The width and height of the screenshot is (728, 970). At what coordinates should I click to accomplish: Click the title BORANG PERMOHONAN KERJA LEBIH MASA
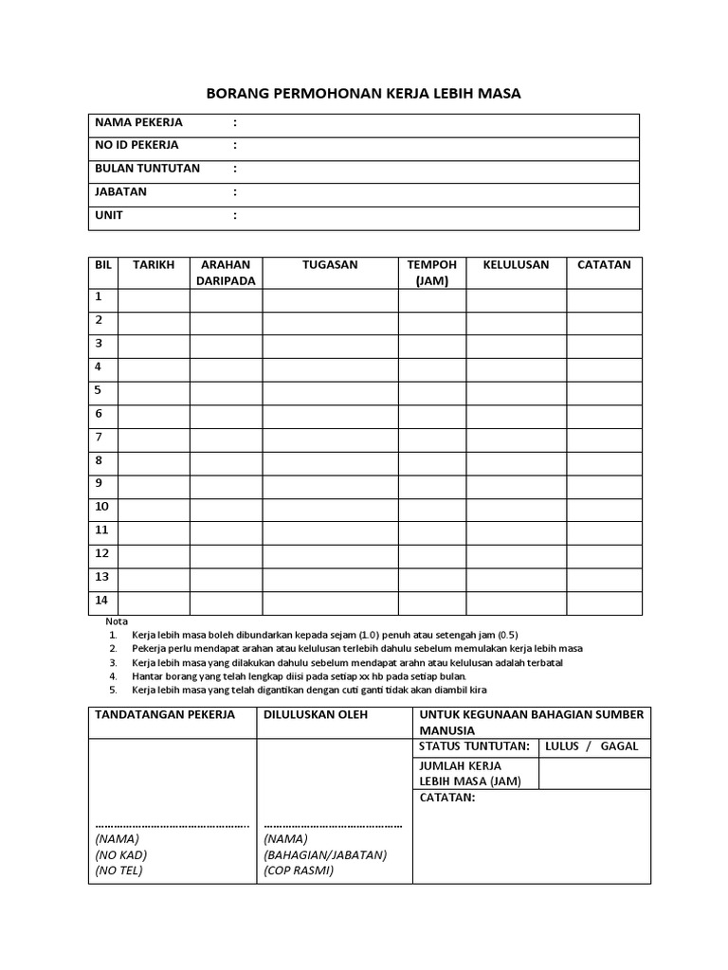pyautogui.click(x=364, y=94)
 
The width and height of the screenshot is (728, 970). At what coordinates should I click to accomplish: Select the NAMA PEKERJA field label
pyautogui.click(x=138, y=122)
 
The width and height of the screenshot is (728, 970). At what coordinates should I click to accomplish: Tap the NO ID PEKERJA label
pyautogui.click(x=136, y=145)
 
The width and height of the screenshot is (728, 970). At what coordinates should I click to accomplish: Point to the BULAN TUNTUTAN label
pyautogui.click(x=147, y=168)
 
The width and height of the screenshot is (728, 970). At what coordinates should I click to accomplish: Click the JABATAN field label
pyautogui.click(x=120, y=191)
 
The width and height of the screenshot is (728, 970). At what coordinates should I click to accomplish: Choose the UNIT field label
pyautogui.click(x=109, y=215)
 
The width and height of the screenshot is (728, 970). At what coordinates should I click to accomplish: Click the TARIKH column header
pyautogui.click(x=154, y=265)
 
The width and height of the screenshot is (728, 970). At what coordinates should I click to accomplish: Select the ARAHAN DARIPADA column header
pyautogui.click(x=226, y=273)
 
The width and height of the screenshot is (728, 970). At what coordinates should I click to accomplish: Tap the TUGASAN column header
pyautogui.click(x=330, y=265)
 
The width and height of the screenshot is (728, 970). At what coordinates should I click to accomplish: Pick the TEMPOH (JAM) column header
pyautogui.click(x=431, y=273)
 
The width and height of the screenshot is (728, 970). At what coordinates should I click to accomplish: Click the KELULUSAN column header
pyautogui.click(x=516, y=265)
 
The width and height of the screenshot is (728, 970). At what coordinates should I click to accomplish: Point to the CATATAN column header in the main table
pyautogui.click(x=604, y=265)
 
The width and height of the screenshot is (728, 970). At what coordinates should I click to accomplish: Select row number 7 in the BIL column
pyautogui.click(x=99, y=437)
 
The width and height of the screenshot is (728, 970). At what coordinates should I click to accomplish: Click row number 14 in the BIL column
pyautogui.click(x=101, y=601)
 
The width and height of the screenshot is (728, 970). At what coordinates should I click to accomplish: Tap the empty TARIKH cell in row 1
pyautogui.click(x=154, y=300)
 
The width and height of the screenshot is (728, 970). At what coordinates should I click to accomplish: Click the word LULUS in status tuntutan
pyautogui.click(x=562, y=746)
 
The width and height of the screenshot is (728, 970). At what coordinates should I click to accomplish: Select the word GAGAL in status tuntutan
pyautogui.click(x=619, y=746)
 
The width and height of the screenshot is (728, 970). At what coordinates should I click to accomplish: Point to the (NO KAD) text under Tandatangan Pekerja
pyautogui.click(x=121, y=854)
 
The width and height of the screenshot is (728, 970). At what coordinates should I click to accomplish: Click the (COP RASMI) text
pyautogui.click(x=299, y=871)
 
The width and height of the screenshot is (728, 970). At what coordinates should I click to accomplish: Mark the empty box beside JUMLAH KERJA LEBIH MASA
pyautogui.click(x=593, y=773)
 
